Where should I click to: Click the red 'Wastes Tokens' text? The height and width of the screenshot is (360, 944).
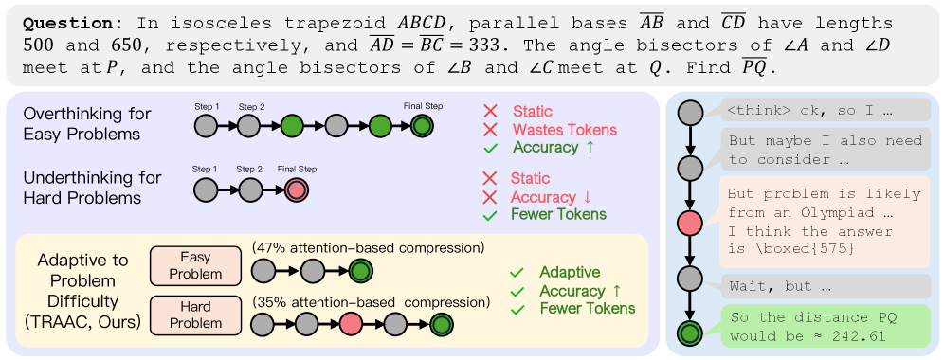(565, 129)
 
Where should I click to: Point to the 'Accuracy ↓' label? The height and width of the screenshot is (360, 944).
(552, 197)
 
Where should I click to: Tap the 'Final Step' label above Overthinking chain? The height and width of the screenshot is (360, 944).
(423, 106)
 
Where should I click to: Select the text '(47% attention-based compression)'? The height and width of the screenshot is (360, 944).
(369, 247)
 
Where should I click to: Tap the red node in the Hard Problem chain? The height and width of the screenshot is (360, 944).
(352, 325)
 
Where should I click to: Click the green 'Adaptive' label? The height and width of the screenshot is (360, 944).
(570, 272)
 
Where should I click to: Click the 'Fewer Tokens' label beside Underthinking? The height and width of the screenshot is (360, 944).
(558, 214)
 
